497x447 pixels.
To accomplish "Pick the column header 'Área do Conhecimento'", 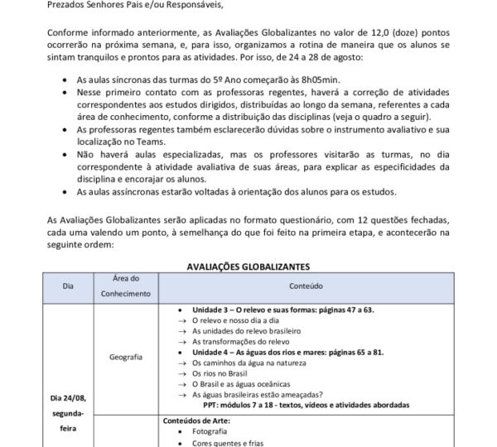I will (127, 286).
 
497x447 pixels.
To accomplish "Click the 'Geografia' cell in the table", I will (126, 357).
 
